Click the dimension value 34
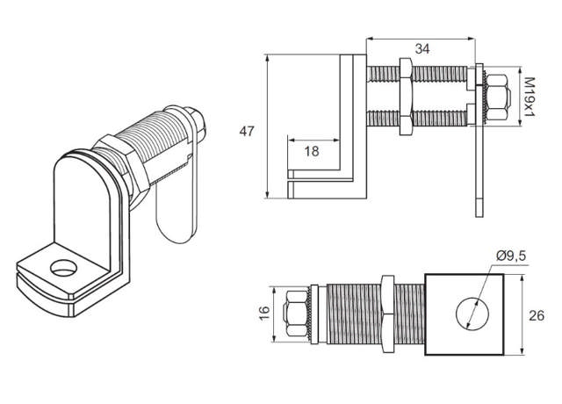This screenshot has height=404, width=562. point(421,50)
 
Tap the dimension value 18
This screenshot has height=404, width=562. point(311,151)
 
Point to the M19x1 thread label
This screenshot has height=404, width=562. point(529,97)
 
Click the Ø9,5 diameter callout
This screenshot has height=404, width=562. point(511,256)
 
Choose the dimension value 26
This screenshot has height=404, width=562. point(537,315)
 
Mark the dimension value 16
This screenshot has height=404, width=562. point(262,314)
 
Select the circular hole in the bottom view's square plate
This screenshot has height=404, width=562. point(465,314)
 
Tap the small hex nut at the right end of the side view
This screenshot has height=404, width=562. point(495,97)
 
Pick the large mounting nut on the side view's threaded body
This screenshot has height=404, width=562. point(406,97)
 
